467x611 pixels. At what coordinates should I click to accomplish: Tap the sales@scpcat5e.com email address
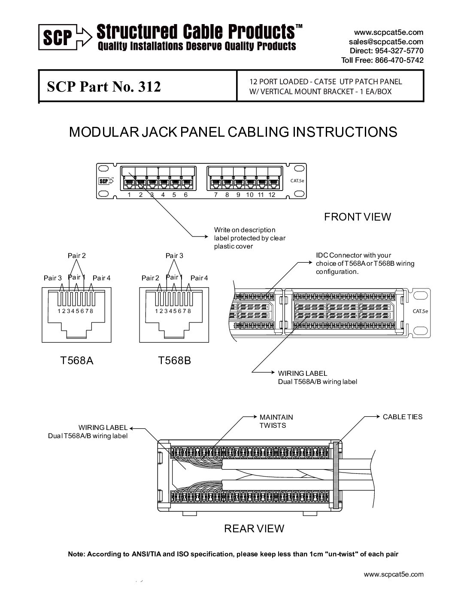[386, 42]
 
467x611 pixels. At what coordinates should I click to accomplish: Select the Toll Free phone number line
[382, 60]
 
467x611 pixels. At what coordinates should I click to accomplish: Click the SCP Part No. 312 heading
[104, 87]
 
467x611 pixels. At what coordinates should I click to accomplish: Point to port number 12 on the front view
[272, 195]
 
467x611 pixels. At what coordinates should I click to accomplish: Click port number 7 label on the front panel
[216, 195]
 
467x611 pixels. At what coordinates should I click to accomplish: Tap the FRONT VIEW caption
[358, 217]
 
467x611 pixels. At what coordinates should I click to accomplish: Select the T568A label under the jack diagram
[77, 360]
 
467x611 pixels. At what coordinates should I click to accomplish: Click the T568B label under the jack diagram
[174, 360]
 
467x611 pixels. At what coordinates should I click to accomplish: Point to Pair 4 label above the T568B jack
[199, 278]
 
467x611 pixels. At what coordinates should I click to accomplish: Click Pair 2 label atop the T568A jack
[77, 255]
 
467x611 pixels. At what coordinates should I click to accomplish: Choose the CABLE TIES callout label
[402, 417]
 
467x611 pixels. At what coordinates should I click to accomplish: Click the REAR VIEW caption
[254, 528]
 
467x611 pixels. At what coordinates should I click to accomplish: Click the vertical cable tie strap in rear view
[336, 475]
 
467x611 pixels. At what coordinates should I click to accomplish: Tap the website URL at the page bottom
[393, 574]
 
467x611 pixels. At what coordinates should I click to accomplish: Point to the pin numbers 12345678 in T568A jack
[76, 311]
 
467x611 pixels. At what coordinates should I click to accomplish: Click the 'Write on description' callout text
[245, 230]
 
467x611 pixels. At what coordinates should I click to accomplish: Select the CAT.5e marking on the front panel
[297, 181]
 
